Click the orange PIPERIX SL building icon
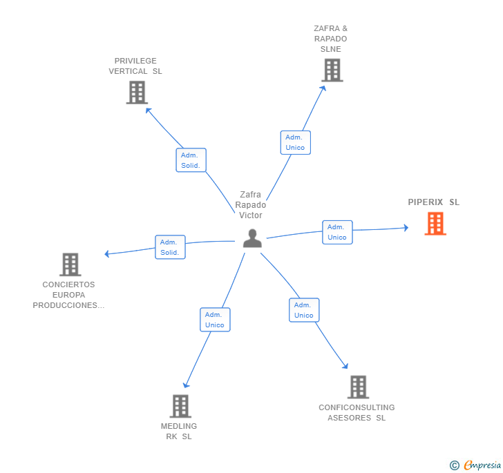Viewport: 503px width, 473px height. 435,224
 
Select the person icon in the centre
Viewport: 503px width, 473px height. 252,238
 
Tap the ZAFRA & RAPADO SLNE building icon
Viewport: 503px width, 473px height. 332,70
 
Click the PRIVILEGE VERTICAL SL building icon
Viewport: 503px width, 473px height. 137,93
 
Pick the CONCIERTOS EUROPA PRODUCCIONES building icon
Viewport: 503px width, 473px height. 70,264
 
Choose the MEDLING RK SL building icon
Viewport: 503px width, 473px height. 180,406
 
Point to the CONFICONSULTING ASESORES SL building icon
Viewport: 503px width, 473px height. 358,387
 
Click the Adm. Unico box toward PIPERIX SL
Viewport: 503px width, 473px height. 337,232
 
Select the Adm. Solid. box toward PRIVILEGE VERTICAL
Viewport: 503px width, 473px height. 191,160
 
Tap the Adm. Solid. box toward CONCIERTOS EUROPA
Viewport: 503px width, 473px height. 170,247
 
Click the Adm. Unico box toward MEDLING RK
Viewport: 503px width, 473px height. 215,320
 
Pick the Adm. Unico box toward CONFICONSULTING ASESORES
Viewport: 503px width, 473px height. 304,310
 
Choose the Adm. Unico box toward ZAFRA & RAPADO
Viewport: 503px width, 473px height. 296,142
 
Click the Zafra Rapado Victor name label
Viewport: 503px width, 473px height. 251,205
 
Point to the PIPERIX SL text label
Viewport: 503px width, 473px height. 434,202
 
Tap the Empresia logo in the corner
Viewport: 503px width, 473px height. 475,465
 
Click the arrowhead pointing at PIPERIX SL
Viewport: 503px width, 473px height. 406,228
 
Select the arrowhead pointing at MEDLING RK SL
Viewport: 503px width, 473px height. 186,385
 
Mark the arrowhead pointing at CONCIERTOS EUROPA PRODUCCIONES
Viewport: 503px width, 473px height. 107,253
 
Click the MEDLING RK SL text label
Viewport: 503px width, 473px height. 179,432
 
